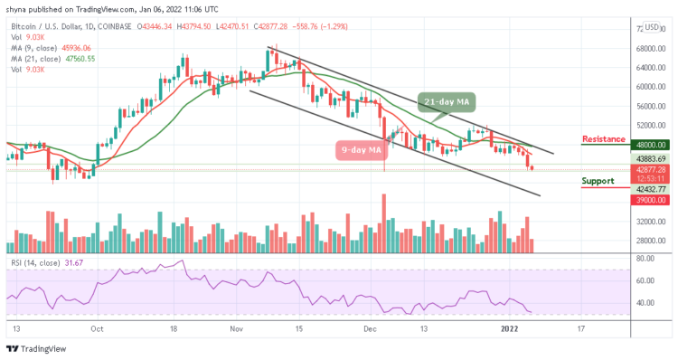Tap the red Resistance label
coord(604,139)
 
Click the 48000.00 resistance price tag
coord(651,144)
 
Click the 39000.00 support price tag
coord(651,200)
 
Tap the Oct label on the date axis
coord(98,329)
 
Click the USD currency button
coord(652,27)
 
